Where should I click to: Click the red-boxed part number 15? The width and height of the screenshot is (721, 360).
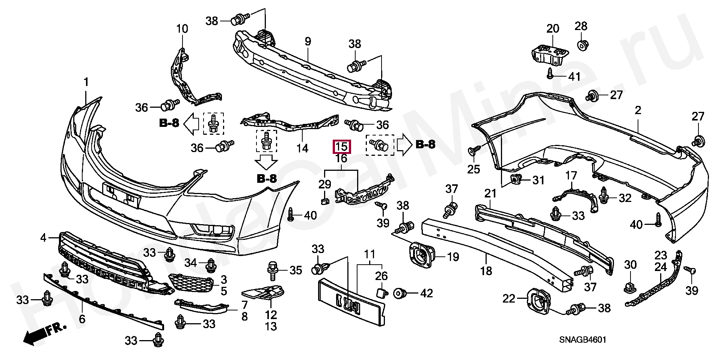pyautogui.click(x=341, y=146)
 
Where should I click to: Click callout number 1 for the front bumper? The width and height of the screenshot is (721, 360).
pyautogui.click(x=86, y=82)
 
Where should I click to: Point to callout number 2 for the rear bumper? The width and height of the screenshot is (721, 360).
pyautogui.click(x=638, y=110)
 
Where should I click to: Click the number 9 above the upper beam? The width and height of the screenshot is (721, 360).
pyautogui.click(x=308, y=42)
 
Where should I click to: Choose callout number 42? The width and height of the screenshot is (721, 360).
pyautogui.click(x=426, y=293)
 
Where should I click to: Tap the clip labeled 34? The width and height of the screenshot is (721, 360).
pyautogui.click(x=211, y=265)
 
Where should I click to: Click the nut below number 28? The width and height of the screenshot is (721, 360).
pyautogui.click(x=581, y=46)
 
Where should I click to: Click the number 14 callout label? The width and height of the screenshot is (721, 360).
pyautogui.click(x=302, y=149)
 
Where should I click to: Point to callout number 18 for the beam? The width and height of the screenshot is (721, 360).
pyautogui.click(x=486, y=270)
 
